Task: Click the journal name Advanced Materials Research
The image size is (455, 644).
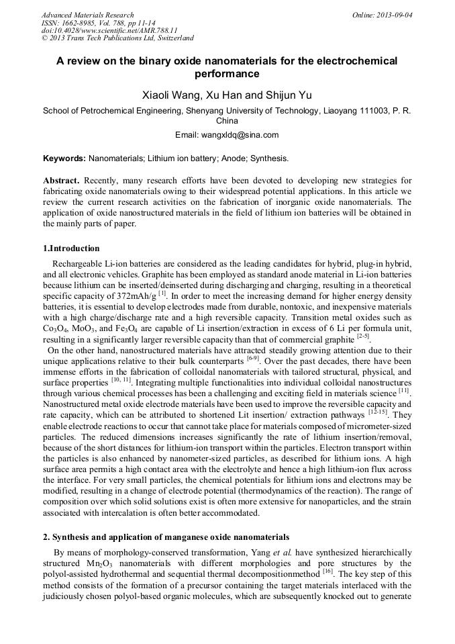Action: pos(87,15)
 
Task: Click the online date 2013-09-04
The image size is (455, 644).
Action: pos(395,15)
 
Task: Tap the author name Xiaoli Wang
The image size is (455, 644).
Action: pos(168,95)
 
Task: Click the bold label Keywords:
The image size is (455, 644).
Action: pos(64,158)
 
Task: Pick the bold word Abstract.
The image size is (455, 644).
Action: pos(61,181)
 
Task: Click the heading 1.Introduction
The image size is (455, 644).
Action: pos(71,248)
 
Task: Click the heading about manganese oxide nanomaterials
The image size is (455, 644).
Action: pos(166,537)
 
